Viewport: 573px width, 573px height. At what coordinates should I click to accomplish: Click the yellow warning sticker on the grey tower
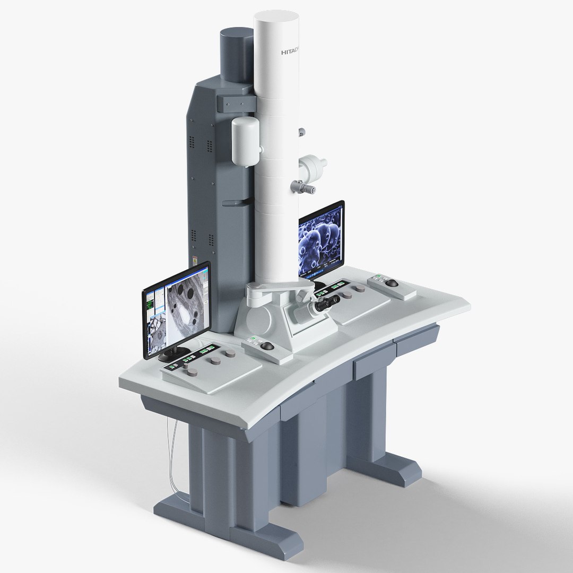[x=195, y=264]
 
